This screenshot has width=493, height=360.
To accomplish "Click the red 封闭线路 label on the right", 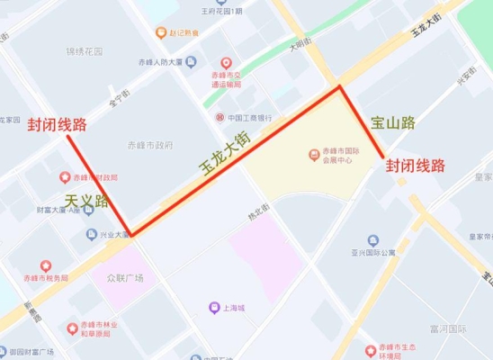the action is click(416, 166).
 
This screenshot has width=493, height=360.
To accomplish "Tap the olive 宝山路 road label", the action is click(392, 121).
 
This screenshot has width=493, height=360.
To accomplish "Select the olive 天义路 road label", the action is click(86, 200).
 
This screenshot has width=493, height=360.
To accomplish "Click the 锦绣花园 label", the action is click(84, 52).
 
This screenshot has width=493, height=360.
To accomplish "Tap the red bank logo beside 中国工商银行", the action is click(219, 117).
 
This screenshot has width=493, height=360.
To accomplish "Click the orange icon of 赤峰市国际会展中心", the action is click(314, 154).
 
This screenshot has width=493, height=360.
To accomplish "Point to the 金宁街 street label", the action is click(119, 98).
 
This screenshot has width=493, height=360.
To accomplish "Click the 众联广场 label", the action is click(126, 277).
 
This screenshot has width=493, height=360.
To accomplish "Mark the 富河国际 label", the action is click(448, 330).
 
